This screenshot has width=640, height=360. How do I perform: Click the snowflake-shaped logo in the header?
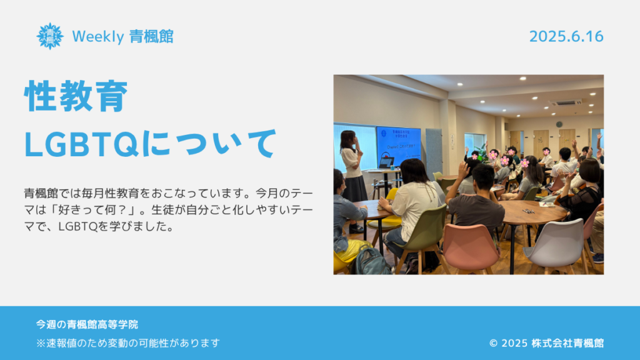[x=50, y=36]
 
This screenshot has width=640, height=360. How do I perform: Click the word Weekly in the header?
[x=98, y=37]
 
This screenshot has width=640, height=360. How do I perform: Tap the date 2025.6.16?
[x=566, y=36]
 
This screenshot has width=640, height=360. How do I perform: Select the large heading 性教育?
[x=76, y=96]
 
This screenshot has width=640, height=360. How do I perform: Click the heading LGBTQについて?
[x=151, y=143]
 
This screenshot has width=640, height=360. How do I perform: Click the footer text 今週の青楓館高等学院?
[x=87, y=324]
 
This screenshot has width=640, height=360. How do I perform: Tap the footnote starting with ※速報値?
[x=128, y=343]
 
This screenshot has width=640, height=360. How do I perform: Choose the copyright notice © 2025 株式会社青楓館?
[x=546, y=343]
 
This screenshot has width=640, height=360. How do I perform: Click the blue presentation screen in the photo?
[x=398, y=146]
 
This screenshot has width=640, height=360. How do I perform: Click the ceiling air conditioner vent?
[x=565, y=103]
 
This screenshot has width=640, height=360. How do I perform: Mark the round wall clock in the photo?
[x=559, y=124]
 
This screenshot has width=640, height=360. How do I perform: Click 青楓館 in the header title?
[x=151, y=37]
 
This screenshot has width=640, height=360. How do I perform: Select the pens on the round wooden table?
[x=529, y=211]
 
